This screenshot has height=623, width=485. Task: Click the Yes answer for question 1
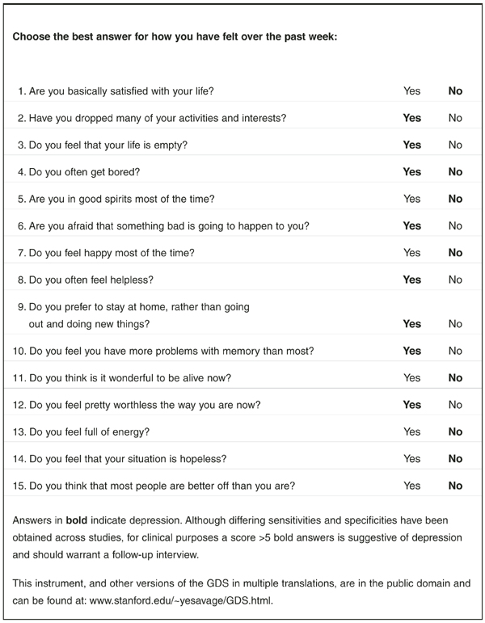411,91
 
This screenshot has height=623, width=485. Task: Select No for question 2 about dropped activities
455,118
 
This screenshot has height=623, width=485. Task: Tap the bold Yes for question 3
411,145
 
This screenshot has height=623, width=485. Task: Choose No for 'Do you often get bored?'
455,172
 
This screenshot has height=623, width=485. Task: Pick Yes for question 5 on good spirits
411,199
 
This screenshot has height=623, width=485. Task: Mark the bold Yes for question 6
411,226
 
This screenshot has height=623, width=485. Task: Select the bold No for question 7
455,253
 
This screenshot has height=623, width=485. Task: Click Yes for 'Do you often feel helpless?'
411,280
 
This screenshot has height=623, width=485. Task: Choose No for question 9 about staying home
455,324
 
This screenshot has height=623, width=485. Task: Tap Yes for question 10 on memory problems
411,351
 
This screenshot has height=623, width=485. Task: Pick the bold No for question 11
455,377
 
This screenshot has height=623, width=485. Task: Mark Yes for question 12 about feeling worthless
411,405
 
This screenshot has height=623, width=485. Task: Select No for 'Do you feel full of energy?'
455,431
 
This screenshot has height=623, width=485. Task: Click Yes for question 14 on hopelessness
411,459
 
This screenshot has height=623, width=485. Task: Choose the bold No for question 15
455,486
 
